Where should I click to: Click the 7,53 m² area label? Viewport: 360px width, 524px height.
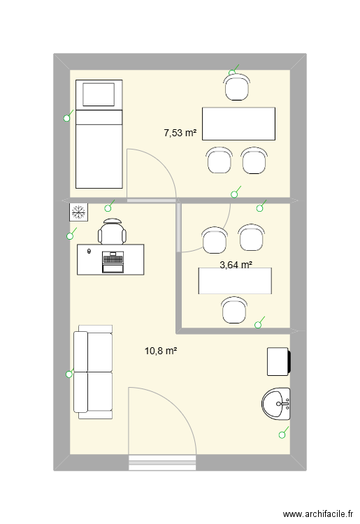coord(180,133)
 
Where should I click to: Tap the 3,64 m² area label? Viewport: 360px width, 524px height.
coord(236,265)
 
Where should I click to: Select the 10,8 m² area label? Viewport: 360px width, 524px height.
coord(161,351)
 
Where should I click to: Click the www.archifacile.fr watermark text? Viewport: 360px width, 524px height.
coord(318,514)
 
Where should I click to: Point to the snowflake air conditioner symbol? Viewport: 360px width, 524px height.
coord(79,212)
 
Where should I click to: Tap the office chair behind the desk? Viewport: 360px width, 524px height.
coord(113,231)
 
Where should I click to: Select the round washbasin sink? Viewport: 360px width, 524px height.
coord(276,404)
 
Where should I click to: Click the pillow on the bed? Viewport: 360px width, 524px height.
coord(99,94)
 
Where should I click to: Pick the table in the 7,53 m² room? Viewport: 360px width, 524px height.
coord(238,124)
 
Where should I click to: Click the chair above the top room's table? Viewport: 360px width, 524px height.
coord(237,87)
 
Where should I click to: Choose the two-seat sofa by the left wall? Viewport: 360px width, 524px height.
coord(93,372)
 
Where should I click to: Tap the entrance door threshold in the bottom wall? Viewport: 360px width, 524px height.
coord(162,463)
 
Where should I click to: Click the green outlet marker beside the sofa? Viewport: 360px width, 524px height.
coord(70,374)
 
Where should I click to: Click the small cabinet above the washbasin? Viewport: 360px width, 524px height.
coord(279,362)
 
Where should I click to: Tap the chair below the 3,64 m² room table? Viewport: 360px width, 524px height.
coord(234,310)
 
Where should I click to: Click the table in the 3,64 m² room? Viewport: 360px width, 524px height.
coord(235,281)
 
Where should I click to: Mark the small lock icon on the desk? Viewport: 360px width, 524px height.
coord(89,252)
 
